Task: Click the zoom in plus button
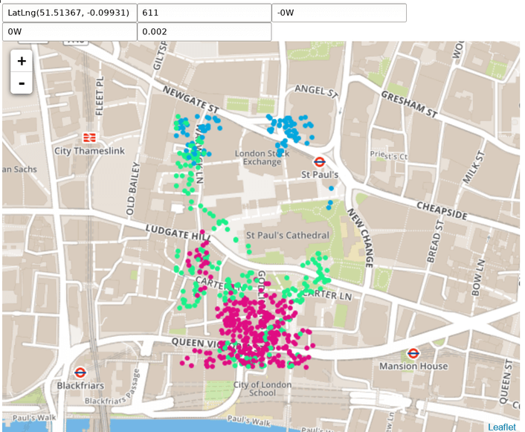pyautogui.click(x=22, y=61)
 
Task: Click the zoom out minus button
pyautogui.click(x=22, y=83)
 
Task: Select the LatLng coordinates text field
pyautogui.click(x=69, y=13)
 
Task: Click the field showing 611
pyautogui.click(x=204, y=13)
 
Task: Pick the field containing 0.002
pyautogui.click(x=204, y=32)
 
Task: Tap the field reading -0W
pyautogui.click(x=339, y=13)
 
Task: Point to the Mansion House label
pyautogui.click(x=413, y=366)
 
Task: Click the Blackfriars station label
pyautogui.click(x=80, y=385)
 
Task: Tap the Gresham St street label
pyautogui.click(x=408, y=104)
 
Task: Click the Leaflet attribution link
pyautogui.click(x=503, y=427)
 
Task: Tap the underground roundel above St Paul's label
pyautogui.click(x=319, y=161)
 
